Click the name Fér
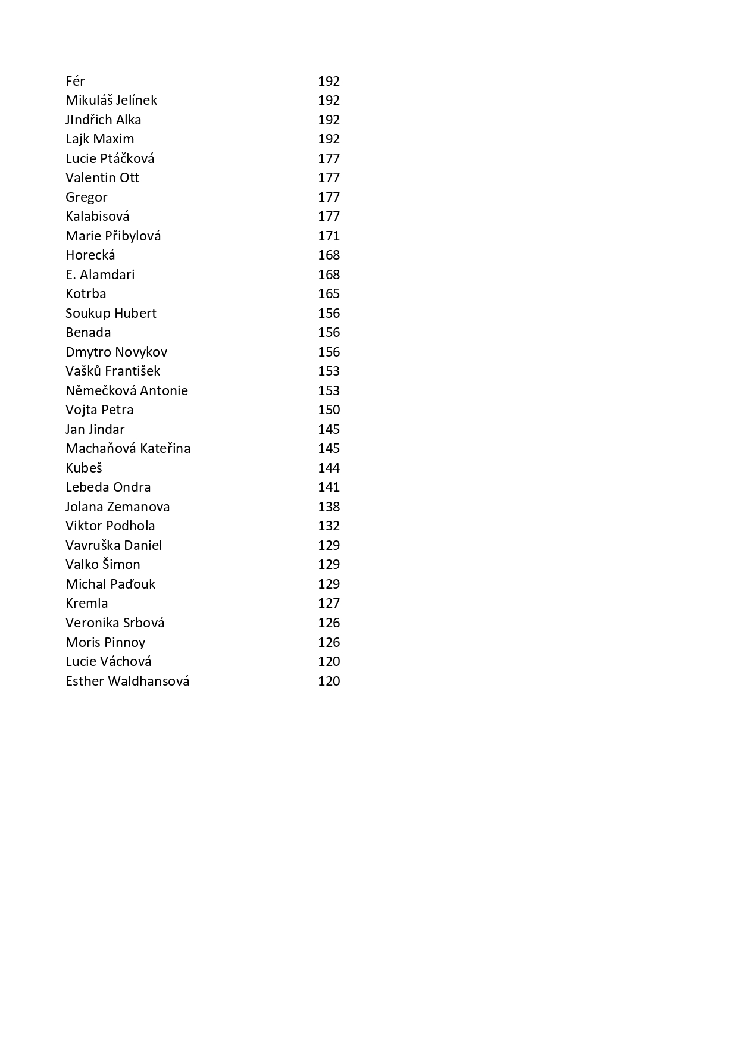[75, 81]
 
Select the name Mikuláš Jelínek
[111, 100]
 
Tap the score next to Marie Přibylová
[329, 236]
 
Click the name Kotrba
[86, 293]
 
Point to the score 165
[329, 293]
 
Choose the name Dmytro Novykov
[116, 352]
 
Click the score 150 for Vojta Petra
[329, 410]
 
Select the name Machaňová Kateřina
[128, 448]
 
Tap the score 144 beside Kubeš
[329, 468]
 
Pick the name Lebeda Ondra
[108, 487]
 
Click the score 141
[329, 487]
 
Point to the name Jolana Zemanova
[117, 507]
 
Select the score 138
[329, 507]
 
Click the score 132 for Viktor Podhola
[329, 526]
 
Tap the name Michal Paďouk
[110, 584]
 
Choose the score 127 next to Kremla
[329, 603]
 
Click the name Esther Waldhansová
[127, 681]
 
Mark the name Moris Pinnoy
[105, 642]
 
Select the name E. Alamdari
[100, 274]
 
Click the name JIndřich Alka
[103, 120]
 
